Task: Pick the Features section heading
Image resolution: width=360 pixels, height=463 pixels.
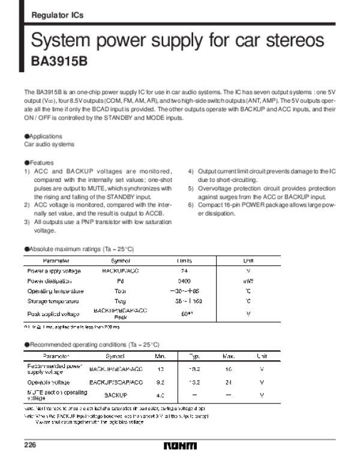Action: click(39, 163)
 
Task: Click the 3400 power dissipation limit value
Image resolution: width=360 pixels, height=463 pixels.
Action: click(185, 280)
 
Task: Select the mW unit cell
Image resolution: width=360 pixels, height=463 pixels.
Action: click(248, 280)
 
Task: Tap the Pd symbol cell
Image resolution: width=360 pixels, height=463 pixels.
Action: click(120, 280)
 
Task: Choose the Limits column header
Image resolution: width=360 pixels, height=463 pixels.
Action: click(185, 261)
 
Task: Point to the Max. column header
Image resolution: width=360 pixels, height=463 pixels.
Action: click(228, 356)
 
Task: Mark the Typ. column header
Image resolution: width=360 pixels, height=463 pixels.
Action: click(194, 356)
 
